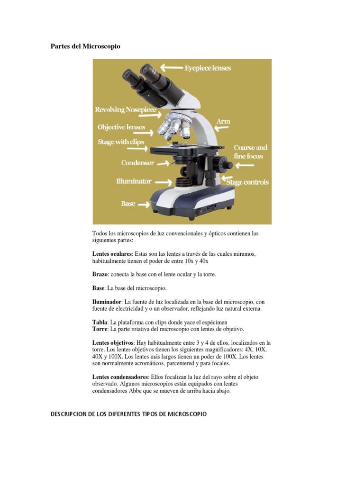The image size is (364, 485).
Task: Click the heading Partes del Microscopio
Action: coord(85,46)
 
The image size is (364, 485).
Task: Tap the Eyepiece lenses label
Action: coord(208,68)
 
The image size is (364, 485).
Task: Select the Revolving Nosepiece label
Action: coord(123,110)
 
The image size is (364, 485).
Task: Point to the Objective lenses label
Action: coord(121,127)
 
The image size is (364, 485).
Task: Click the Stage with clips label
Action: coord(121,142)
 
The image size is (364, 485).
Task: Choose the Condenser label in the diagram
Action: coord(137,163)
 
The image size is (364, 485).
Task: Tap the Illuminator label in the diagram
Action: coord(134,181)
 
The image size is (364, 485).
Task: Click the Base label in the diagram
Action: coord(128,204)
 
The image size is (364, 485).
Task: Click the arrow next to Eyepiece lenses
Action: coord(171,68)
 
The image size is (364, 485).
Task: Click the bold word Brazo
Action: coord(100,275)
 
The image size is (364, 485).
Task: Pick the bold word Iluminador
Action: coord(107,302)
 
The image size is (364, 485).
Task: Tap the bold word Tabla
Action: coord(100,322)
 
